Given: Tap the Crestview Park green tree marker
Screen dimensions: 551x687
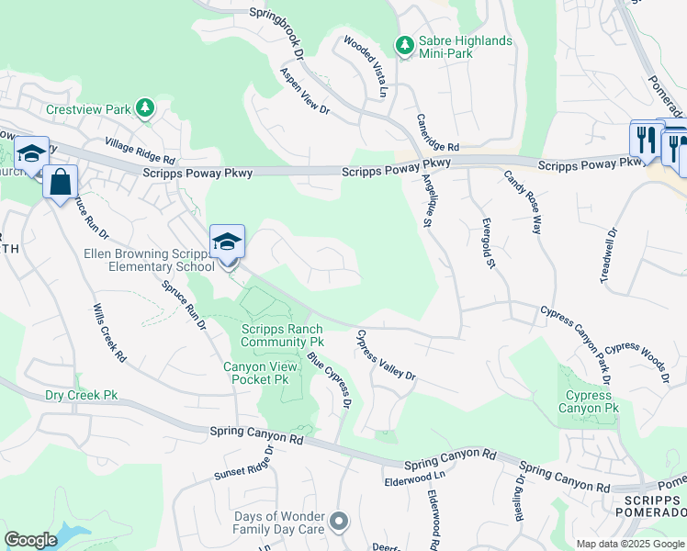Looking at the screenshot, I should tap(144, 109).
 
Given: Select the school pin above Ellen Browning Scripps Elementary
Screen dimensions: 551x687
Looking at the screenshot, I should tap(227, 244).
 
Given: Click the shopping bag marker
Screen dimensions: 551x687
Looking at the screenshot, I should tap(60, 181).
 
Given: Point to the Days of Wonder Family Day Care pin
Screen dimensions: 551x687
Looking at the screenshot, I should tap(339, 523).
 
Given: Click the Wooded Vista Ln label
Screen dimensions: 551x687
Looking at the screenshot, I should tap(366, 66).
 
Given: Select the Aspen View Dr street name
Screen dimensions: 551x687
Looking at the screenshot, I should tap(305, 91).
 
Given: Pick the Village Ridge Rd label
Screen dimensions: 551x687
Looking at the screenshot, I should tap(140, 151).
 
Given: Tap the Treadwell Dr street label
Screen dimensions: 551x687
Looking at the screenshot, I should tap(612, 256).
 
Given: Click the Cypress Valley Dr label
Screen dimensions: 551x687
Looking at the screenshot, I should tap(386, 356).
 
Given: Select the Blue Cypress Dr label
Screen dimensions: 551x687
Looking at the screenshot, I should tap(331, 380).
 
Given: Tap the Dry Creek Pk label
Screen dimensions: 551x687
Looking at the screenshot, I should tap(82, 396).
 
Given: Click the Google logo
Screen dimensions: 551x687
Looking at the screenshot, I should tap(31, 540).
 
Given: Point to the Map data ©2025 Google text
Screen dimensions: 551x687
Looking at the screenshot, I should tap(629, 543).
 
